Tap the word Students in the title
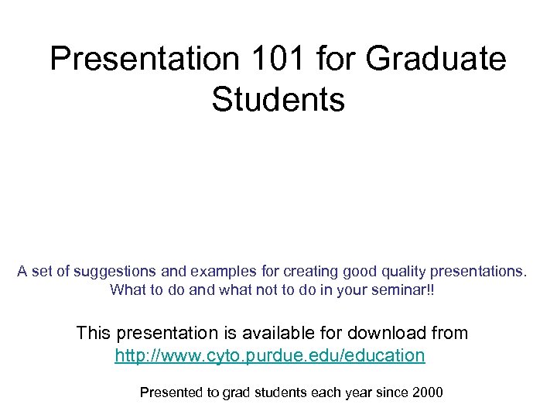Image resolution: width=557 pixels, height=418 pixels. [278, 100]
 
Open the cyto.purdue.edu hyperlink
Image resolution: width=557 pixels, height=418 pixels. [270, 356]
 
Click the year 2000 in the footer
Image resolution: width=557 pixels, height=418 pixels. [429, 392]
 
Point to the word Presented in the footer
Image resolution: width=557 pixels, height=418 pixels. [170, 392]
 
